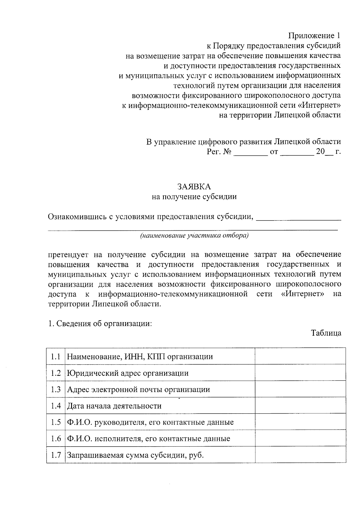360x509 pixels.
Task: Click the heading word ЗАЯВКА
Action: click(x=194, y=187)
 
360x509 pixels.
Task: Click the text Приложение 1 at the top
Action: click(x=315, y=36)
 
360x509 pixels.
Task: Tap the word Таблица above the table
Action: click(x=326, y=333)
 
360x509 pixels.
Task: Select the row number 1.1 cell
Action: click(x=56, y=357)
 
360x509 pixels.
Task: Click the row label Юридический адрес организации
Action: click(x=128, y=373)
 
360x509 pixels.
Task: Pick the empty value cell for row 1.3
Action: click(x=300, y=389)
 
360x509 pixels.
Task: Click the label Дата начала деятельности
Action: click(x=114, y=406)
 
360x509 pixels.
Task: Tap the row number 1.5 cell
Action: click(x=56, y=422)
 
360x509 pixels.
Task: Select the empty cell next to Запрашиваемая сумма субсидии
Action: click(x=300, y=455)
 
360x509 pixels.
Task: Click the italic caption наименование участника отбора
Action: click(x=194, y=235)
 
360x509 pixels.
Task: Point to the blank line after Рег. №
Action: click(x=250, y=152)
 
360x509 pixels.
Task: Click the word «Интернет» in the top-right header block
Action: click(x=321, y=105)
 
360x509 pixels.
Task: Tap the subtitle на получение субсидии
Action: click(x=194, y=197)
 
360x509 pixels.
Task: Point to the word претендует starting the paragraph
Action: click(x=68, y=255)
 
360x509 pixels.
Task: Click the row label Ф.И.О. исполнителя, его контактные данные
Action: click(x=148, y=439)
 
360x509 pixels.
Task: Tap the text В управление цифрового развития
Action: click(x=209, y=142)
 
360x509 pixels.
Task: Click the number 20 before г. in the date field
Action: click(x=320, y=152)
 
